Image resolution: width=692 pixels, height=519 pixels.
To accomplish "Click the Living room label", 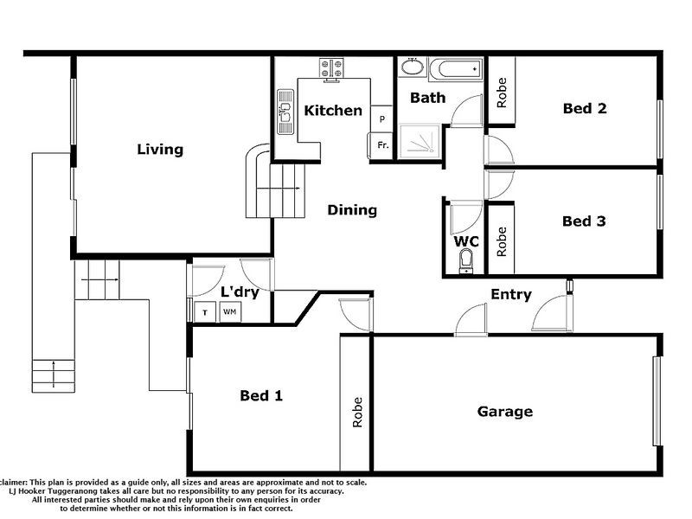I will [x=160, y=150].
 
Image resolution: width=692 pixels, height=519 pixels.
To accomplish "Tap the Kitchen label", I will [x=333, y=111].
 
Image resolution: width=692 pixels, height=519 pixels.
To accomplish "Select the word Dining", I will [x=352, y=210].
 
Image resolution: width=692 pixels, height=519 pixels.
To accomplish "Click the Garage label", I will [x=505, y=412].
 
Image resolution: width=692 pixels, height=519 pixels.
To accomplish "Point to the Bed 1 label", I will [x=261, y=395].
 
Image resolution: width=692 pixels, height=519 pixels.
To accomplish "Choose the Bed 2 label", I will [x=585, y=108].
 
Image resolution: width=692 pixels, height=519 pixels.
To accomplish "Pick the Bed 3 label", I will [x=584, y=221].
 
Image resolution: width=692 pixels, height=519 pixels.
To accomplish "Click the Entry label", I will [x=511, y=295].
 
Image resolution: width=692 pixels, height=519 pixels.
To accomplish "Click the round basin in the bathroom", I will [x=412, y=67].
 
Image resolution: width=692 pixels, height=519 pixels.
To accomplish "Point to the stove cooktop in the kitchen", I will [x=332, y=66].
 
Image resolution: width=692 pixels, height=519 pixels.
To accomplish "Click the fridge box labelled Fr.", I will [x=382, y=145].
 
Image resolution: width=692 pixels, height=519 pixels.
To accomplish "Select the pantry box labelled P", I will [x=382, y=119].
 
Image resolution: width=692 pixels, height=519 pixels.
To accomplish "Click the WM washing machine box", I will [x=230, y=312].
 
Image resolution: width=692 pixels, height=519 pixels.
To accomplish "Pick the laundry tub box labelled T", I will [x=205, y=312].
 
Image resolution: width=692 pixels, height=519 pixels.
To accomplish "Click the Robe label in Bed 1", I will [x=356, y=413].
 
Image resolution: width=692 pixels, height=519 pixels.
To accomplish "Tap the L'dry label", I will [x=240, y=292].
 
